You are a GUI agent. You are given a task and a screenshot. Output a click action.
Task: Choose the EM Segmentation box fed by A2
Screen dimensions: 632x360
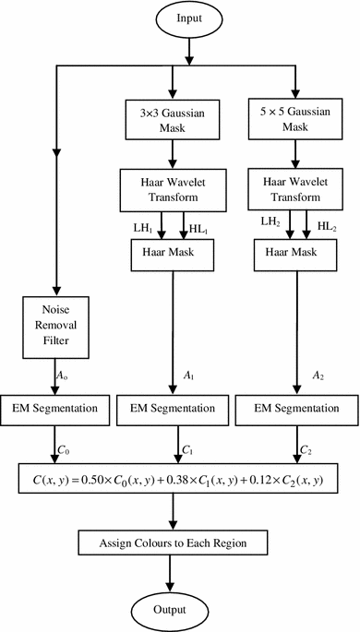(293, 408)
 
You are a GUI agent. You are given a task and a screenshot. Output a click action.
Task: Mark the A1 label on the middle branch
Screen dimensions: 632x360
(190, 376)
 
